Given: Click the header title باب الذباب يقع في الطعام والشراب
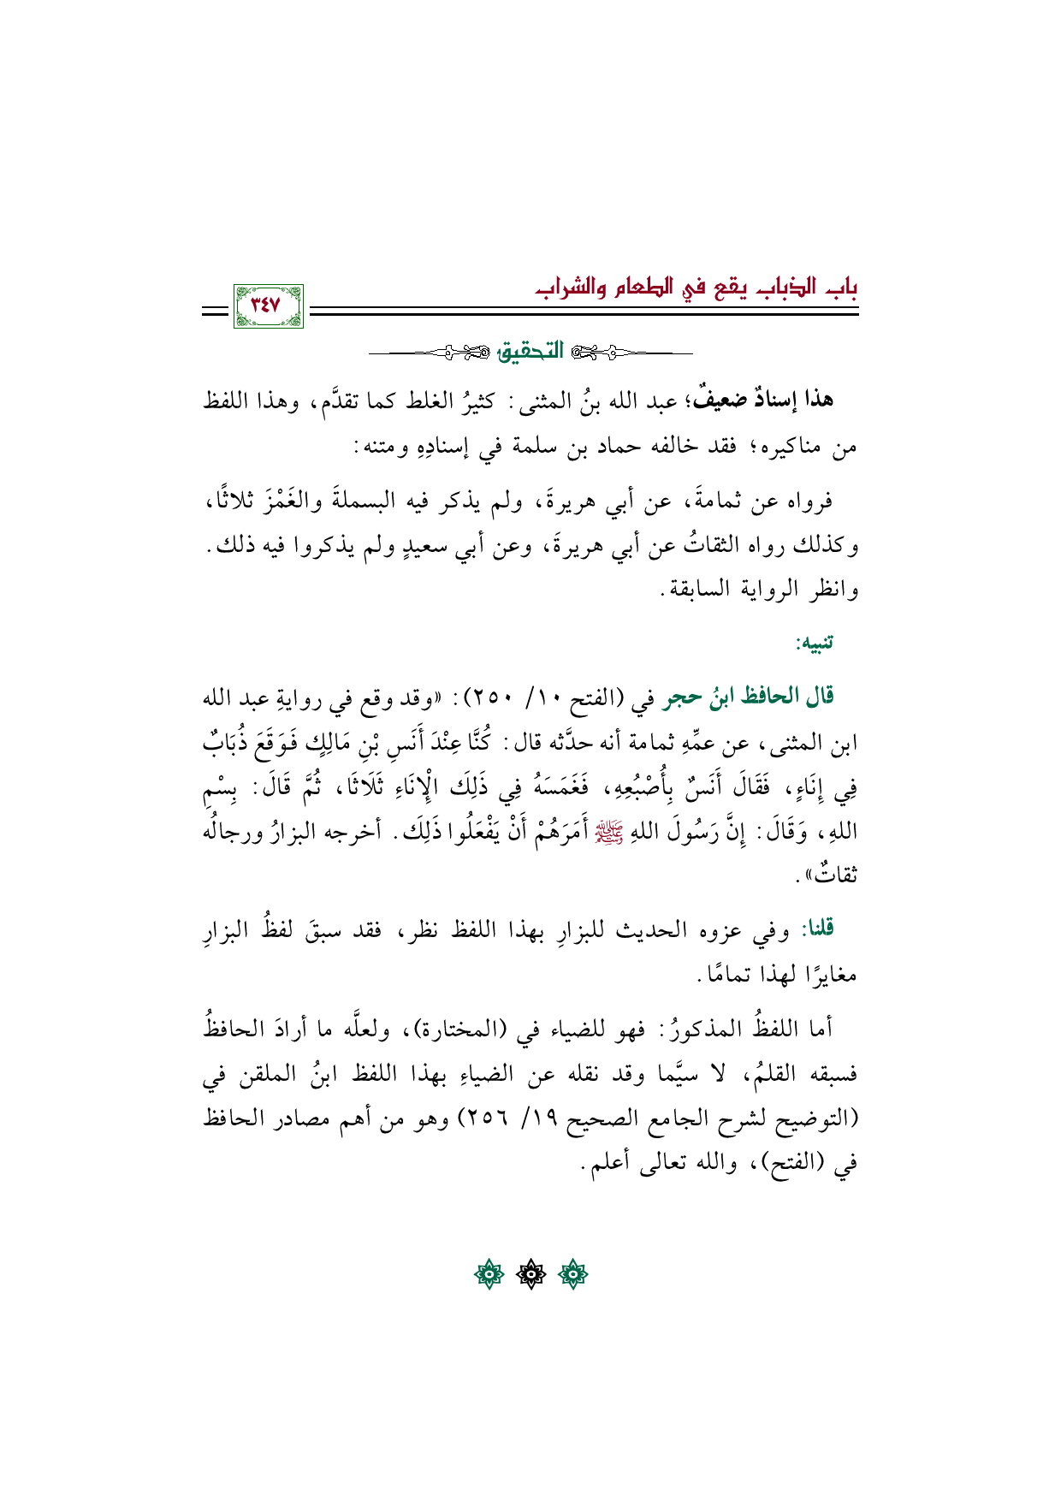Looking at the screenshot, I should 692,288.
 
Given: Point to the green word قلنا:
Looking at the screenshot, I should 816,928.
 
